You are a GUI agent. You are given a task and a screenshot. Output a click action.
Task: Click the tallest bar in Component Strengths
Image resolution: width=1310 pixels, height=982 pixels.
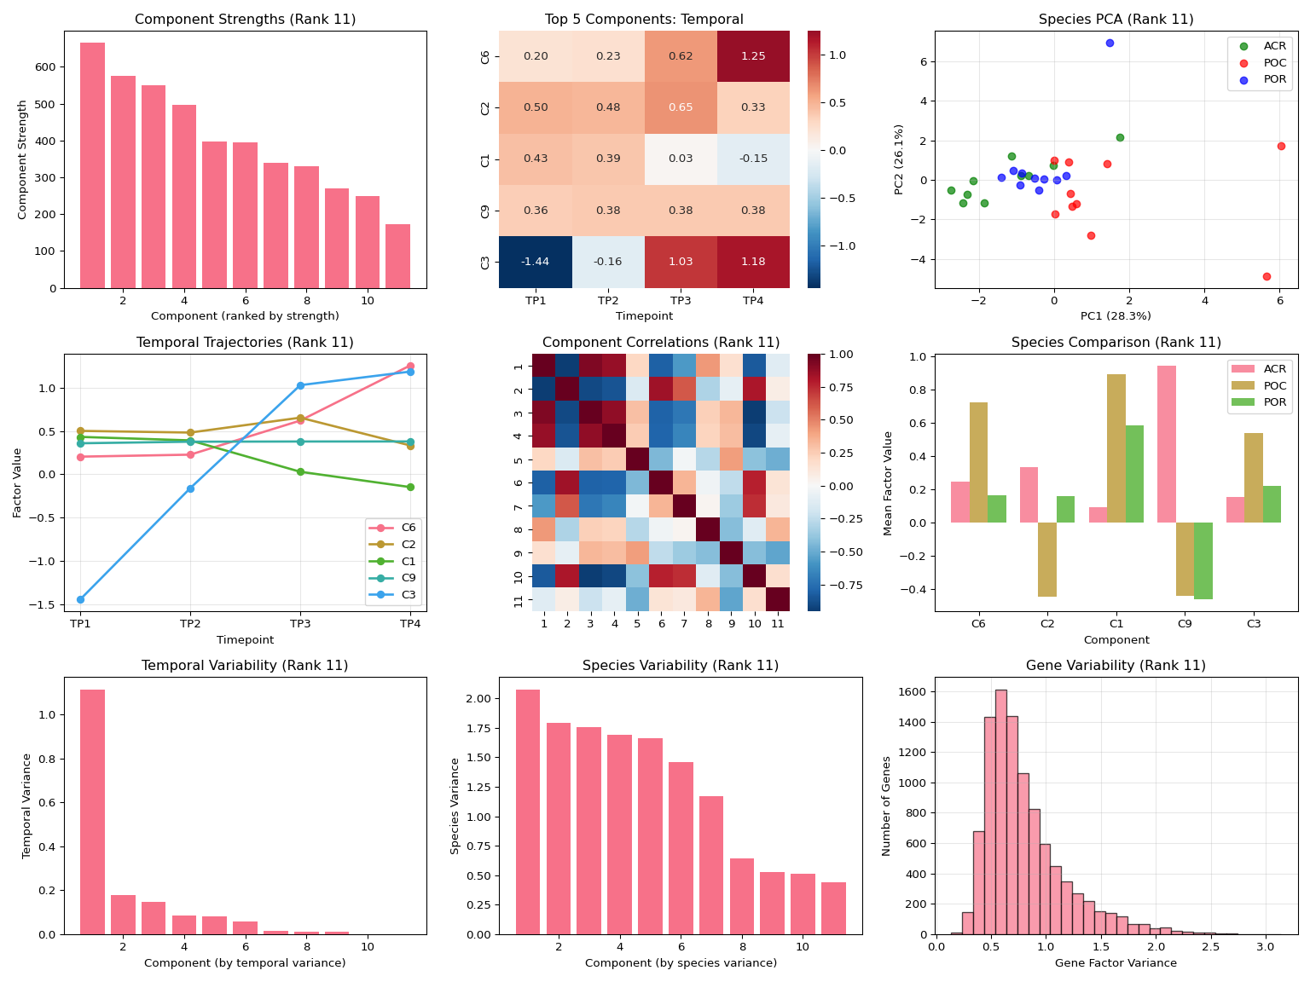[92, 165]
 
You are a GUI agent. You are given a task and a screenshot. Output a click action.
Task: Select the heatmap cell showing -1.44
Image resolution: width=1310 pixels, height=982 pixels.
[536, 262]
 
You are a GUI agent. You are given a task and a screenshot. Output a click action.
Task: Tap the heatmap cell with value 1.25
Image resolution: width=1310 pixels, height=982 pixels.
[753, 56]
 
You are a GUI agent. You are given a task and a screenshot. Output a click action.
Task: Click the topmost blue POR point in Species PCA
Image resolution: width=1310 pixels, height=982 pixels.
[1110, 43]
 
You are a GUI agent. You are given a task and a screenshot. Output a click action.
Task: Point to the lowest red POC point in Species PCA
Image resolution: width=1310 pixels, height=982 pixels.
[1267, 276]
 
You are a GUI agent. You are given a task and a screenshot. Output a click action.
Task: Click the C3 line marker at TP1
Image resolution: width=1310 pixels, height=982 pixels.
[80, 599]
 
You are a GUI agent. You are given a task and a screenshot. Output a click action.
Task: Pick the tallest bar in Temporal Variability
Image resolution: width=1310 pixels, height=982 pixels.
[92, 812]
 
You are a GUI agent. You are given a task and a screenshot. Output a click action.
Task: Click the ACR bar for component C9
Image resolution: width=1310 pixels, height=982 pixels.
[1167, 444]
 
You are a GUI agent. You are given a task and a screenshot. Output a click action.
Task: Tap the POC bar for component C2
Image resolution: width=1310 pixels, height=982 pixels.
[1047, 559]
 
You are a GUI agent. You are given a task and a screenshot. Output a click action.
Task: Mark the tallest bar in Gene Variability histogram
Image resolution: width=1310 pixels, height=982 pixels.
[1000, 812]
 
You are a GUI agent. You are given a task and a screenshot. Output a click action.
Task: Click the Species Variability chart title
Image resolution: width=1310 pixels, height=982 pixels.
[680, 666]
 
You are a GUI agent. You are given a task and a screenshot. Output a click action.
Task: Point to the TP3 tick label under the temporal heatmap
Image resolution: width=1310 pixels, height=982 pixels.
[681, 302]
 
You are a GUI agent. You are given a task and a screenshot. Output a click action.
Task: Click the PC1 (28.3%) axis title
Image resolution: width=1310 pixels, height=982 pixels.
[1116, 316]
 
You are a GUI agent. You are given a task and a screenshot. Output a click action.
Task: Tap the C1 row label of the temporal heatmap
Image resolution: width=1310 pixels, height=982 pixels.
[485, 159]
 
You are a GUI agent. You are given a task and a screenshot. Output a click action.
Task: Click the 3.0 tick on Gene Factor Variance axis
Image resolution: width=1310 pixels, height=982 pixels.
[1266, 946]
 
